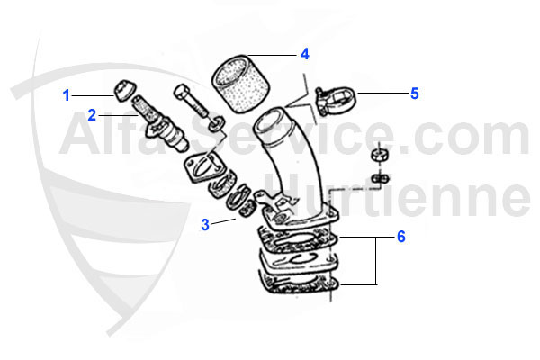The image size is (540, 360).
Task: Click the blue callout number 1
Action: click(x=67, y=94)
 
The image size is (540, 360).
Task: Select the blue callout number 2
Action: click(x=91, y=114)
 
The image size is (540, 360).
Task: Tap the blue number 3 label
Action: click(x=205, y=224)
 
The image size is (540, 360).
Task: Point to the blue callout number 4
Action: click(x=305, y=54)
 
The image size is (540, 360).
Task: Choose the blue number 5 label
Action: click(x=414, y=93)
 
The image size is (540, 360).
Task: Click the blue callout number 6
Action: click(x=400, y=238)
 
